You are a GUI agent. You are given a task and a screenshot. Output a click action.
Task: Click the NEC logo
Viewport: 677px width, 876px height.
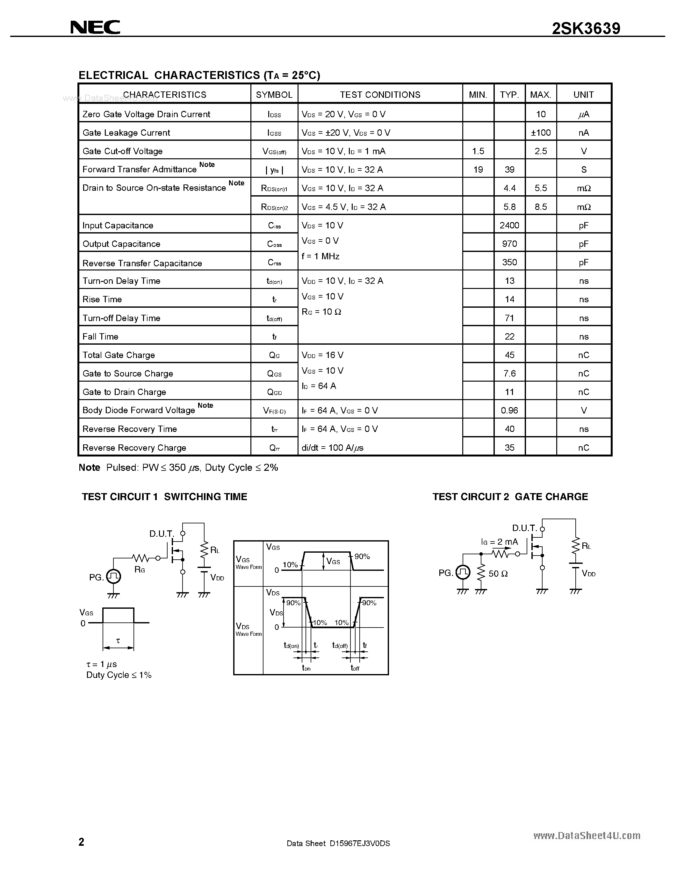[x=95, y=27]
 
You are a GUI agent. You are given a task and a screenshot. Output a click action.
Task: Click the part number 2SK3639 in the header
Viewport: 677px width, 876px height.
[x=586, y=28]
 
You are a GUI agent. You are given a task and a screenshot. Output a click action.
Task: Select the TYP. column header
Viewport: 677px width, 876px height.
[x=509, y=95]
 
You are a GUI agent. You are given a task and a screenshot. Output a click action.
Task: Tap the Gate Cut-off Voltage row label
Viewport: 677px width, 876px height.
[x=122, y=151]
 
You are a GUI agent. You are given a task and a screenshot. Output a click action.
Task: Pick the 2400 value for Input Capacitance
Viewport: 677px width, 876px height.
[x=509, y=226]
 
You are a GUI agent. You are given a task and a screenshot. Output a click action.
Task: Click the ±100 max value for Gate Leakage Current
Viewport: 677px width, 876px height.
[x=541, y=133]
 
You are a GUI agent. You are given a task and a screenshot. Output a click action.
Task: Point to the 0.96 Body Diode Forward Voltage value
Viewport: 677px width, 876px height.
[x=509, y=410]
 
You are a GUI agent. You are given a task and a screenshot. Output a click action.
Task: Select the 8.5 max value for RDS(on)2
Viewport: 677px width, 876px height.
[x=541, y=207]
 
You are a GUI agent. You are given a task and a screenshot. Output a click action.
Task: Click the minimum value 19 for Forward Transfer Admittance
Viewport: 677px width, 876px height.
[x=478, y=170]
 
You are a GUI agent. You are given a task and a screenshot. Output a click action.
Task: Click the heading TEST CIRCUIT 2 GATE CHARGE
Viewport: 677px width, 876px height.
[x=510, y=497]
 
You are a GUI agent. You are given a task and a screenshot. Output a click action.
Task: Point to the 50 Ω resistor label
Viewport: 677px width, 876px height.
[x=498, y=574]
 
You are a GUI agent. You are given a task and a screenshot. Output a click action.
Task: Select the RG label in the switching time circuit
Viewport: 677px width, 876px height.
[x=140, y=569]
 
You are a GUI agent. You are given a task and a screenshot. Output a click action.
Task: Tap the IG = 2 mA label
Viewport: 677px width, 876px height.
[x=499, y=542]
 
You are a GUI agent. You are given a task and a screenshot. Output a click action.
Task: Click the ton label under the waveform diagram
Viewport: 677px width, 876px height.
[x=306, y=668]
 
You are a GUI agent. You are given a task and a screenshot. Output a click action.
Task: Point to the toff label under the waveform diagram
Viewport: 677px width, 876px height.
[x=355, y=668]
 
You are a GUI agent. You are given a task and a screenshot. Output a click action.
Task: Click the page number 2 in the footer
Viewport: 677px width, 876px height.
[x=82, y=842]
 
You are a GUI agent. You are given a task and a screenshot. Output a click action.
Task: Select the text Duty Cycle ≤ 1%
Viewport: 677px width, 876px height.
[x=119, y=675]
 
